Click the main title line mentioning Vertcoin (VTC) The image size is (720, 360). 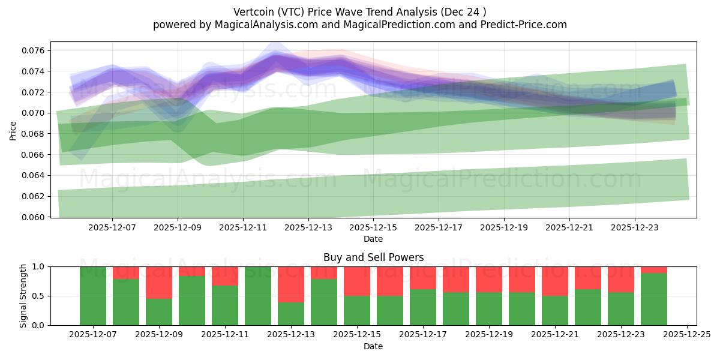coord(360,11)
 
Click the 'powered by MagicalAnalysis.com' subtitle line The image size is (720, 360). coord(360,25)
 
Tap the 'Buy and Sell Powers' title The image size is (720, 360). coord(373,257)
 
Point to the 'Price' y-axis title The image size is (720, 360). coord(13,130)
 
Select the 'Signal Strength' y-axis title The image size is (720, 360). coord(23,296)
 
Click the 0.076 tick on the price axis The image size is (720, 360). coord(34,50)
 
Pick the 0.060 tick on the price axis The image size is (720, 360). coord(34,217)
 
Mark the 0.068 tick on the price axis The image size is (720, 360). coord(34,134)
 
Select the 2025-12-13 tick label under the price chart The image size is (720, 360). coord(308,228)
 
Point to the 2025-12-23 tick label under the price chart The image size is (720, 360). coord(635,228)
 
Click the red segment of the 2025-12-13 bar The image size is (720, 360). coord(291,284)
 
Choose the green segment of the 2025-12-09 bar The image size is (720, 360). coord(159,311)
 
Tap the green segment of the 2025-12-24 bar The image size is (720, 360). coord(654,299)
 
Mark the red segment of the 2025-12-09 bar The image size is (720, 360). coord(159,283)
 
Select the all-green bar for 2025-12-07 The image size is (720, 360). coord(93,296)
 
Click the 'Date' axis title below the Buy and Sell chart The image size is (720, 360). coord(373,346)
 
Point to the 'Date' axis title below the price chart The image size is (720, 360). coord(373,239)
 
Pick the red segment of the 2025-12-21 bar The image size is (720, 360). coord(555,281)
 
